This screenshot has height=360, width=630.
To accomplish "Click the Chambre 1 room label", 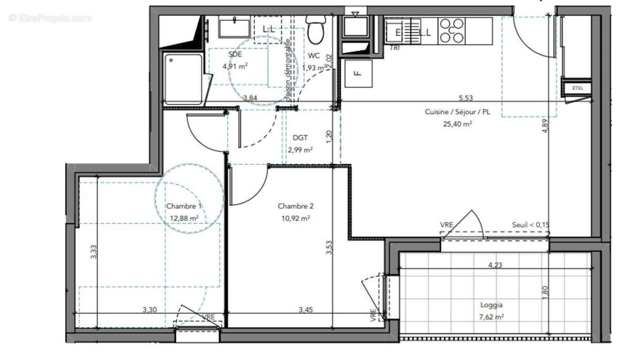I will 184,206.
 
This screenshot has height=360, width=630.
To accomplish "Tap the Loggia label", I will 491,305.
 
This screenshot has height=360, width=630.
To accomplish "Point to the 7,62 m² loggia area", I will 491,316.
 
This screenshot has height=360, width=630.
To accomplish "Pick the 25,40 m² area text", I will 457,124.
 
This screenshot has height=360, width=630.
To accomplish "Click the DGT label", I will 300,138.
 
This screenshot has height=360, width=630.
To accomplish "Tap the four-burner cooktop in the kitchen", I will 451,30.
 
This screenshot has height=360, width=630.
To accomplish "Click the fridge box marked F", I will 358,73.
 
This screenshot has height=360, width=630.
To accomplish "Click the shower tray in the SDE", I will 183,79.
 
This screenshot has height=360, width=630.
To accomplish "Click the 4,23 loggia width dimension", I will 495,265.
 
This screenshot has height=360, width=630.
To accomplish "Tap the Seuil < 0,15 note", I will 531,225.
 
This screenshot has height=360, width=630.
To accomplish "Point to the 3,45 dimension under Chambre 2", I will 306,310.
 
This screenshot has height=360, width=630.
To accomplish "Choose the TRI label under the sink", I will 394,48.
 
